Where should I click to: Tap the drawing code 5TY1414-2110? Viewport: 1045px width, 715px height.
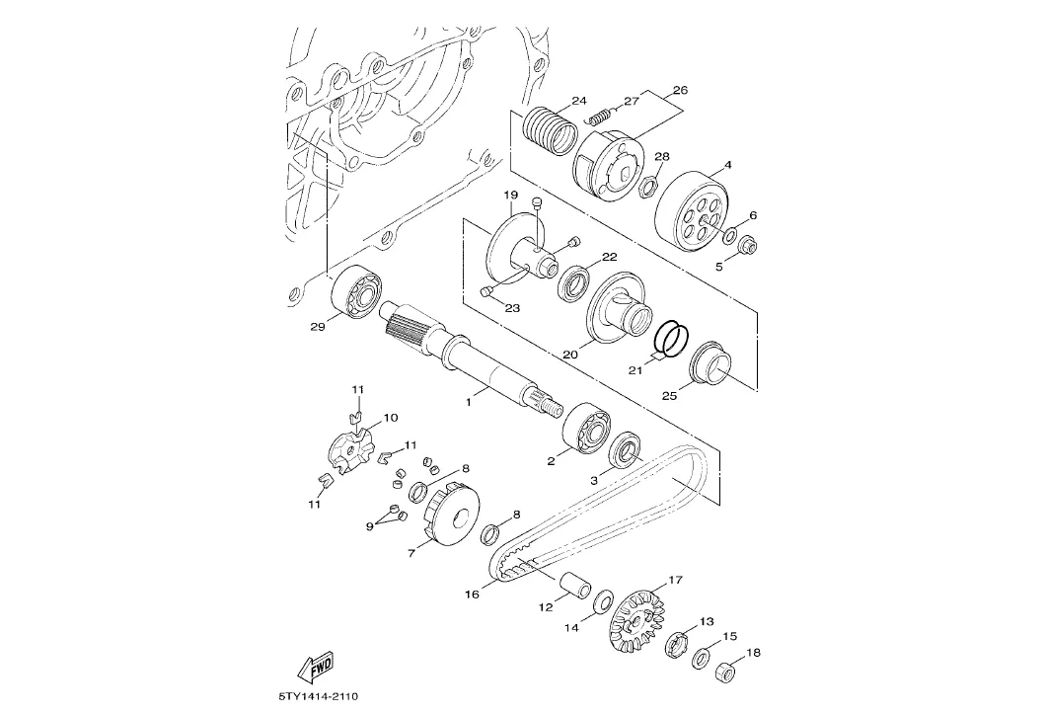click(320, 697)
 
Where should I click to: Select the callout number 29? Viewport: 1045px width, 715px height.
click(317, 326)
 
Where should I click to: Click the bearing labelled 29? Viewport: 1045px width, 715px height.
click(357, 291)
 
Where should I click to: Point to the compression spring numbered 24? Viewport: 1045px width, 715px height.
click(550, 132)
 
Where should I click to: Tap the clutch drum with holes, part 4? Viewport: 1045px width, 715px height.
click(692, 208)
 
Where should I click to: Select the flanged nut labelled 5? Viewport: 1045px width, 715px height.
click(747, 247)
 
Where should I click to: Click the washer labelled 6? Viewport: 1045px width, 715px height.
click(730, 234)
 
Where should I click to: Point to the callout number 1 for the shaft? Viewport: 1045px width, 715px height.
click(469, 402)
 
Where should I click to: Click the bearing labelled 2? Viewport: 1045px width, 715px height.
click(586, 429)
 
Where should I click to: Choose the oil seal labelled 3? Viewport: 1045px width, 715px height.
click(627, 449)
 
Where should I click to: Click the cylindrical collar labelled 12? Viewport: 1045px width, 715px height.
click(576, 584)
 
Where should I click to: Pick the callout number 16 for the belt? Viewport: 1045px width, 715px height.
click(472, 594)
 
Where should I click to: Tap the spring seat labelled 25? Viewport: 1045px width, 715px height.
click(710, 364)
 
